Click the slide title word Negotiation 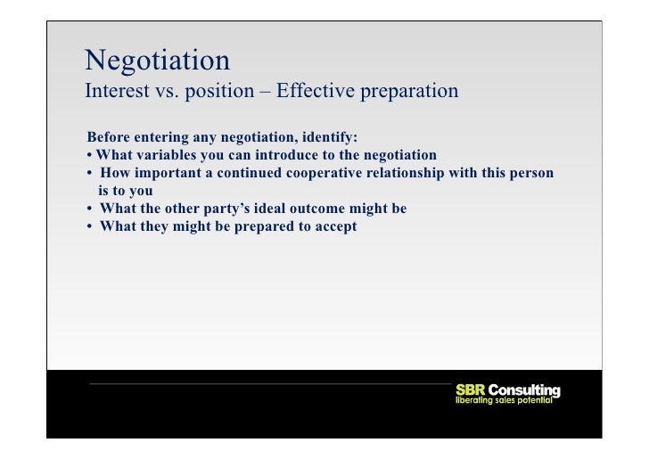pos(157,61)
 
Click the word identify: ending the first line pos(327,137)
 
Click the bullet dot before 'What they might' pos(91,226)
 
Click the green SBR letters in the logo pos(470,390)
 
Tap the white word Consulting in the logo pos(524,390)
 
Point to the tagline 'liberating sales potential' pos(505,401)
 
